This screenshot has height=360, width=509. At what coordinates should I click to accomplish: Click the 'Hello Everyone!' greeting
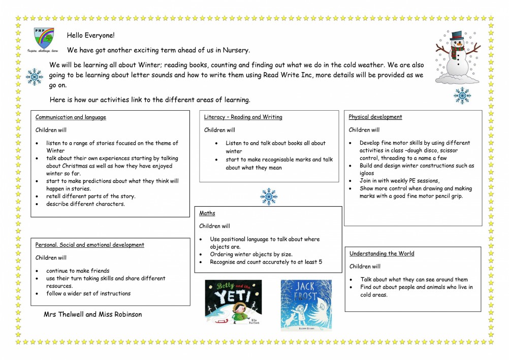click(91, 36)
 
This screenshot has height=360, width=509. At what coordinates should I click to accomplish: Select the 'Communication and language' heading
click(71, 117)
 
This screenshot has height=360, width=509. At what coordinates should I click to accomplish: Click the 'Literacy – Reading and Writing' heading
click(243, 117)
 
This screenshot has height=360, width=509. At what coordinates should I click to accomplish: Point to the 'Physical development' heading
click(375, 117)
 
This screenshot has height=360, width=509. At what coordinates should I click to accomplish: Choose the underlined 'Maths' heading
click(207, 213)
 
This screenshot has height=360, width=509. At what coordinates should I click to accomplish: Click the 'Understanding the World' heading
click(381, 253)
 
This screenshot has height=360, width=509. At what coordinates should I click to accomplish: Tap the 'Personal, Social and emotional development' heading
click(90, 245)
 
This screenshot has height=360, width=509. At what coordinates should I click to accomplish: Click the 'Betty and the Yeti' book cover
click(233, 302)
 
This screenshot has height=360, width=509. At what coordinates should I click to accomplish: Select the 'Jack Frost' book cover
click(306, 305)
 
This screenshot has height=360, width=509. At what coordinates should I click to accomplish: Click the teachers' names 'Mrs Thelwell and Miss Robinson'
click(93, 314)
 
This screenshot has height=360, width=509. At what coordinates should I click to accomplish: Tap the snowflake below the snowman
click(462, 95)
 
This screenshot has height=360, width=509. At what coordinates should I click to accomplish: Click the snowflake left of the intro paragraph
click(35, 77)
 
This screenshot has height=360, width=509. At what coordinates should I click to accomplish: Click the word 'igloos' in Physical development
click(368, 173)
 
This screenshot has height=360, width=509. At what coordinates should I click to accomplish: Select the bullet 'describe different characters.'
click(85, 204)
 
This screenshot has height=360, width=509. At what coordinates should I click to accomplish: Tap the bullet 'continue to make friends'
click(78, 271)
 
